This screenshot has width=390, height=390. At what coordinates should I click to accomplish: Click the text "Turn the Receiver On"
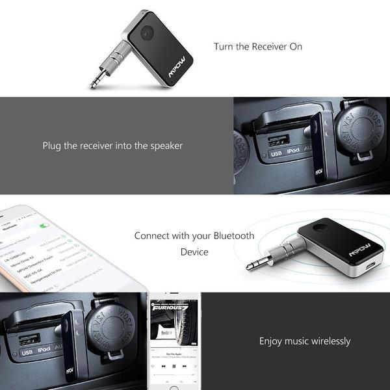(x=258, y=47)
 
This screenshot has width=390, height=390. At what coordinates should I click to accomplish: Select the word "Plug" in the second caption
(x=53, y=146)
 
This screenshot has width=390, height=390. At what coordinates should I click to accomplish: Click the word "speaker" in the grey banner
(x=164, y=146)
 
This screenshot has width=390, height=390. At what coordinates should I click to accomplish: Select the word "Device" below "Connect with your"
(x=194, y=252)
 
